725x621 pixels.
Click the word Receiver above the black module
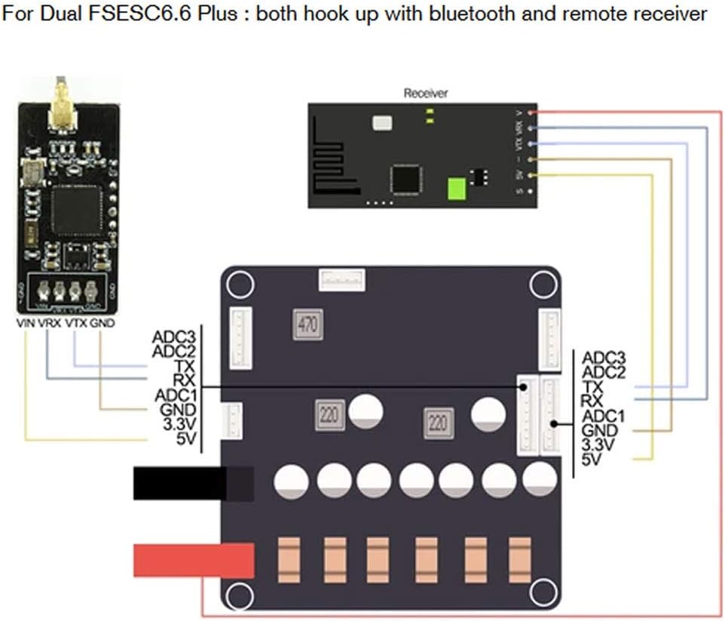(x=426, y=93)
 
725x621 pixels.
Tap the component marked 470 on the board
(x=307, y=325)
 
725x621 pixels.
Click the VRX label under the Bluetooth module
(x=50, y=323)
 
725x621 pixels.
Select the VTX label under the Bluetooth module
(x=76, y=323)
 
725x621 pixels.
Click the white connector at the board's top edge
(x=341, y=280)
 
